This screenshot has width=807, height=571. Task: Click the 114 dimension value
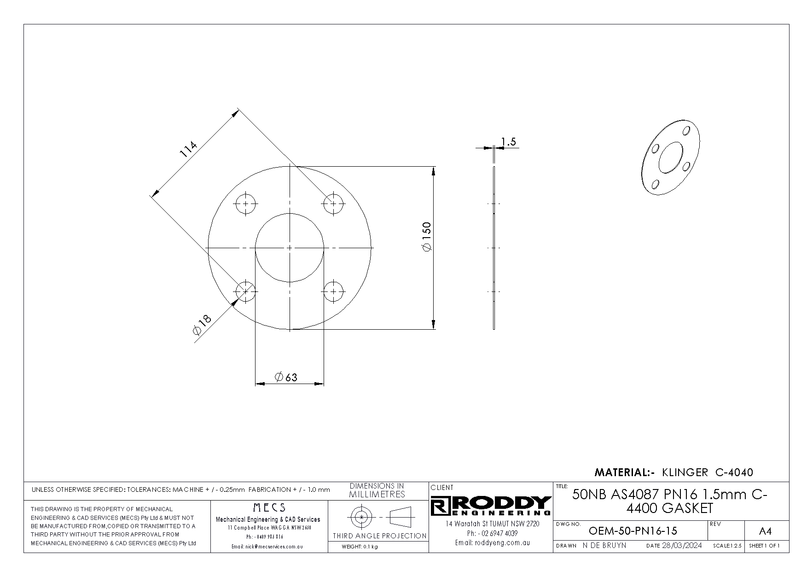coord(188,149)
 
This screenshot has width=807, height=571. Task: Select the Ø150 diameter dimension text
coord(427,237)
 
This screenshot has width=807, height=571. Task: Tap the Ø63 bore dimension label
coord(286,378)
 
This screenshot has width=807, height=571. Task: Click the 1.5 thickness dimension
coord(508,141)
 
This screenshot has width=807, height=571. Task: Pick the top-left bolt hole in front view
coord(246,204)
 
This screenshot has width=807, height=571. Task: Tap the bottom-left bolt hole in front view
coord(246,291)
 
